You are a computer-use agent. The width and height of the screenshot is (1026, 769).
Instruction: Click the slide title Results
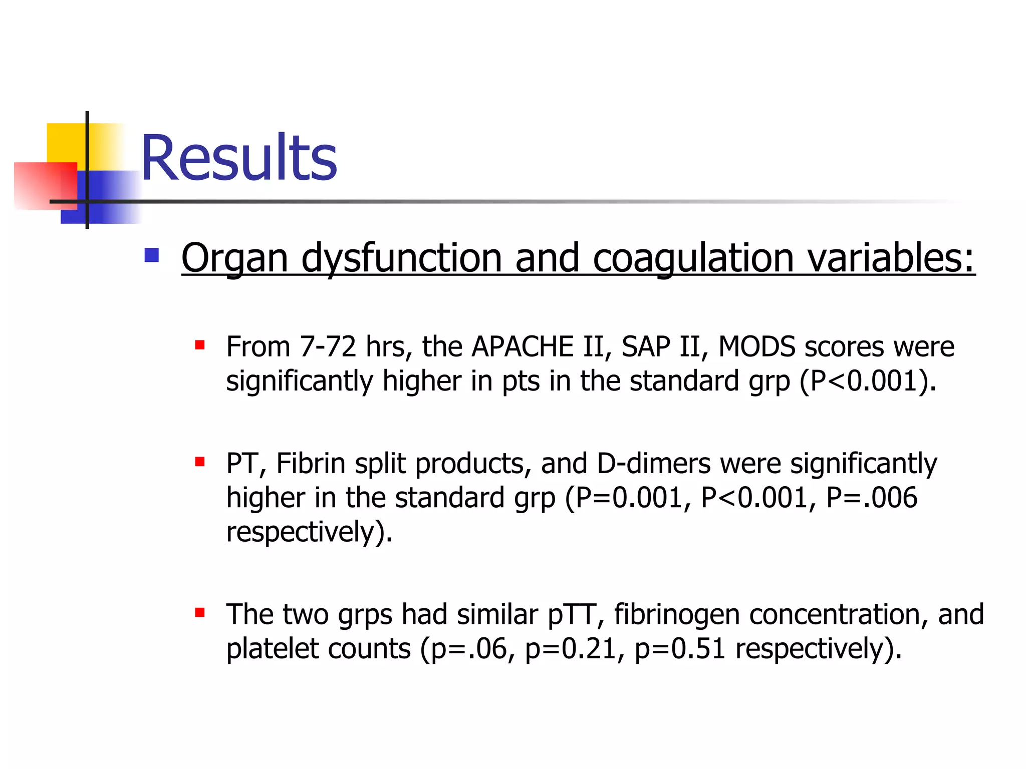239,158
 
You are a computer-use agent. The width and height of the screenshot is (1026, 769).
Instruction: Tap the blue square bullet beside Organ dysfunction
151,255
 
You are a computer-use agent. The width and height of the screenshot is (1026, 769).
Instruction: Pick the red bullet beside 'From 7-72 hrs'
200,345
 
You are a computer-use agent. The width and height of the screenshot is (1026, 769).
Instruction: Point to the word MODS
756,346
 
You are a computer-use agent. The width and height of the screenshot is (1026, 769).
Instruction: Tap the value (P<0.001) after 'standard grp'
867,380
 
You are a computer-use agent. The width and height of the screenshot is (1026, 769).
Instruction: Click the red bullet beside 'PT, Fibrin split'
200,462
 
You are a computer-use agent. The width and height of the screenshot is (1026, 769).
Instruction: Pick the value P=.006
872,498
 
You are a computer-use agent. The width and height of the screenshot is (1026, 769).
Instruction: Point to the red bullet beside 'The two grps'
200,612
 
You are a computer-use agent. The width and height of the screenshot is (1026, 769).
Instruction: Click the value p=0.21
571,649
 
